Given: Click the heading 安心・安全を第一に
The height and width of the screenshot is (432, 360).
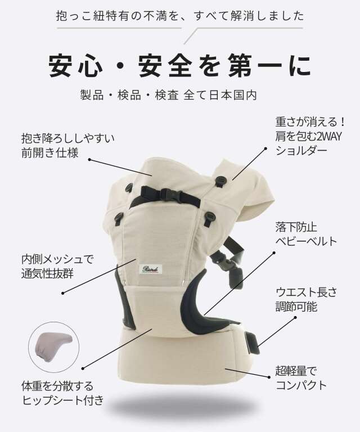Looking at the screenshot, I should click(180, 66).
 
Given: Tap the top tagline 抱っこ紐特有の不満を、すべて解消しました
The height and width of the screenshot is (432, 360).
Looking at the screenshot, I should click(180, 15).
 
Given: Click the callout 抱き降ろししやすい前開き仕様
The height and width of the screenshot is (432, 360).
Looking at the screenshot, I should click(54, 145).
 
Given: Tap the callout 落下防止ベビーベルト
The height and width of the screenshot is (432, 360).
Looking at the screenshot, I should click(306, 235).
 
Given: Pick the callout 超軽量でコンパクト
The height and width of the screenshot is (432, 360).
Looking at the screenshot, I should click(301, 378).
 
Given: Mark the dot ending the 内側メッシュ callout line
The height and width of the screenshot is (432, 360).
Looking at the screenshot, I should click(62, 292).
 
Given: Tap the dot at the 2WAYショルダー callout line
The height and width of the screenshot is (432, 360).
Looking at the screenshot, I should click(264, 150).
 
